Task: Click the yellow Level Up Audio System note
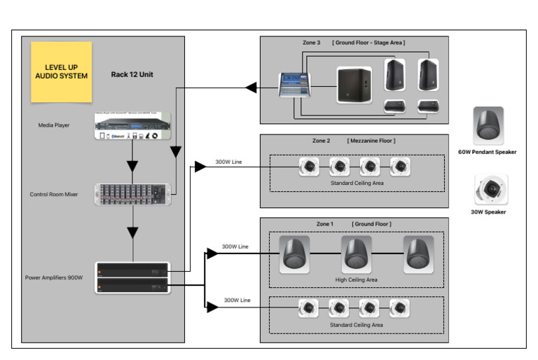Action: pos(61,71)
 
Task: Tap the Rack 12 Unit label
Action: pos(132,74)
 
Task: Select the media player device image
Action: pos(132,125)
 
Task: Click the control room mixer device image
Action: pos(132,194)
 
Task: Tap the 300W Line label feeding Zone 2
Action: pos(228,162)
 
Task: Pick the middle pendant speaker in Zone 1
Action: pos(357,254)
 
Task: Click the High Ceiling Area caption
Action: pos(357,279)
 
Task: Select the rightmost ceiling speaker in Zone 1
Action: pos(399,307)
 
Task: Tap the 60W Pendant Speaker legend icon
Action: pos(488,124)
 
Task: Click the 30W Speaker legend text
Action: pos(488,212)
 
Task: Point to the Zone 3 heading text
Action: pos(311,43)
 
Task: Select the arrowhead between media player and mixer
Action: pos(132,166)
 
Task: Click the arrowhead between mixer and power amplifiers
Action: pos(132,231)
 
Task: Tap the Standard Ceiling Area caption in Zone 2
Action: pos(357,184)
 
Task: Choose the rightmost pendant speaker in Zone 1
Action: pos(418,254)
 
